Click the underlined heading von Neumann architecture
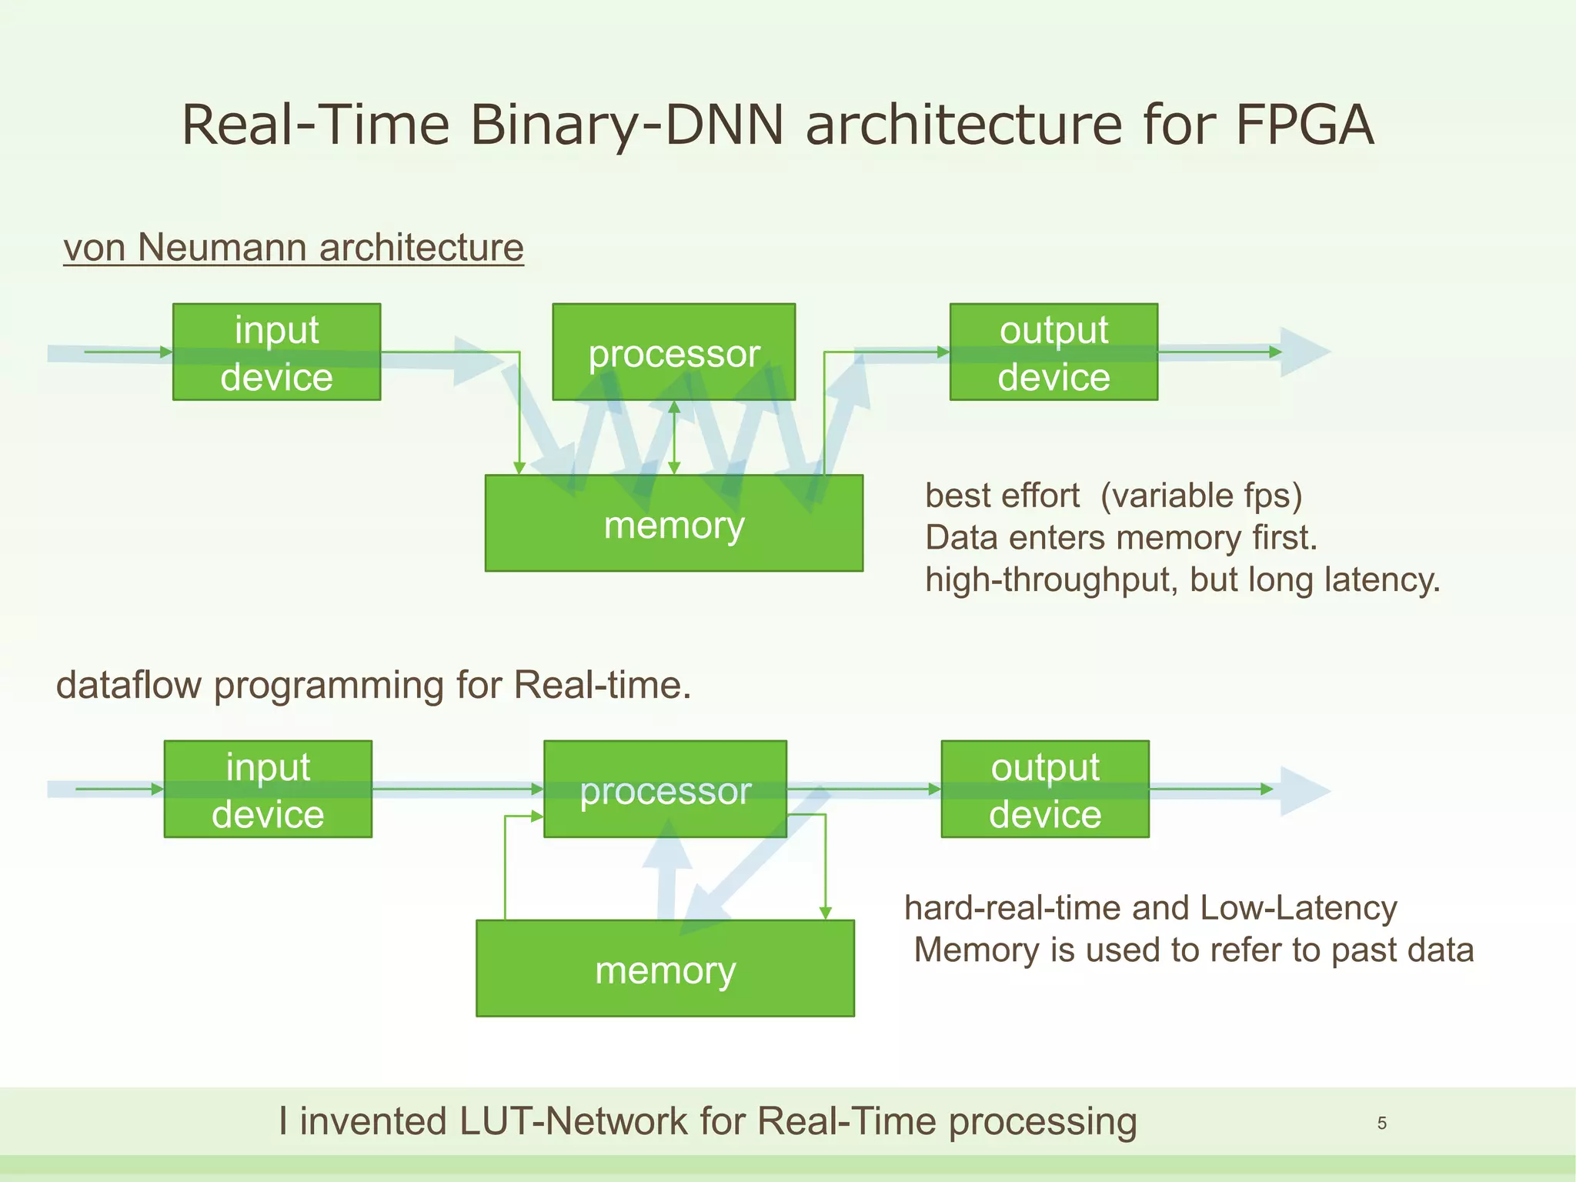point(293,248)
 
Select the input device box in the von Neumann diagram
point(276,352)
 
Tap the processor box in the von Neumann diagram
point(673,352)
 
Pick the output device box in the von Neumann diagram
point(1053,352)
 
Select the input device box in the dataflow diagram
point(268,790)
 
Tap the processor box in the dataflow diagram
point(665,790)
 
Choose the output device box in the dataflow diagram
point(1045,790)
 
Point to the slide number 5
point(1381,1124)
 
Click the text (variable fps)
point(1200,496)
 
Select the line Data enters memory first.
point(1120,538)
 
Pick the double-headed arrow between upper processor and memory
point(674,437)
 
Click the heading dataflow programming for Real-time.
point(373,685)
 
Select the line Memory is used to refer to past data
point(1193,950)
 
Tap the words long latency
point(1344,579)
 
